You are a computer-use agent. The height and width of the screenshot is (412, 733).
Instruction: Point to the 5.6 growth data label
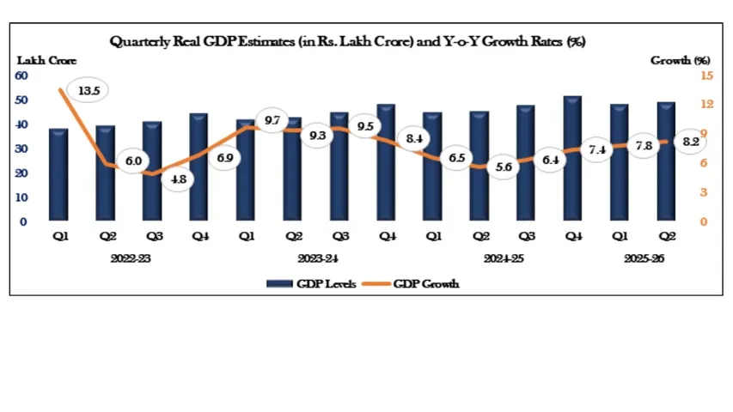[504, 168]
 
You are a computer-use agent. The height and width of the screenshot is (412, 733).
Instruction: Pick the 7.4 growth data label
[597, 150]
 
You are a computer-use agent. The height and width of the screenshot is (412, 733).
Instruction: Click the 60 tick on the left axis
[21, 76]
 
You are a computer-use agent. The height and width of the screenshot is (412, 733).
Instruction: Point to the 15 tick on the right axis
[682, 76]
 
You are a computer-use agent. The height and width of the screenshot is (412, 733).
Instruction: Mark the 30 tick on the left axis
[21, 148]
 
